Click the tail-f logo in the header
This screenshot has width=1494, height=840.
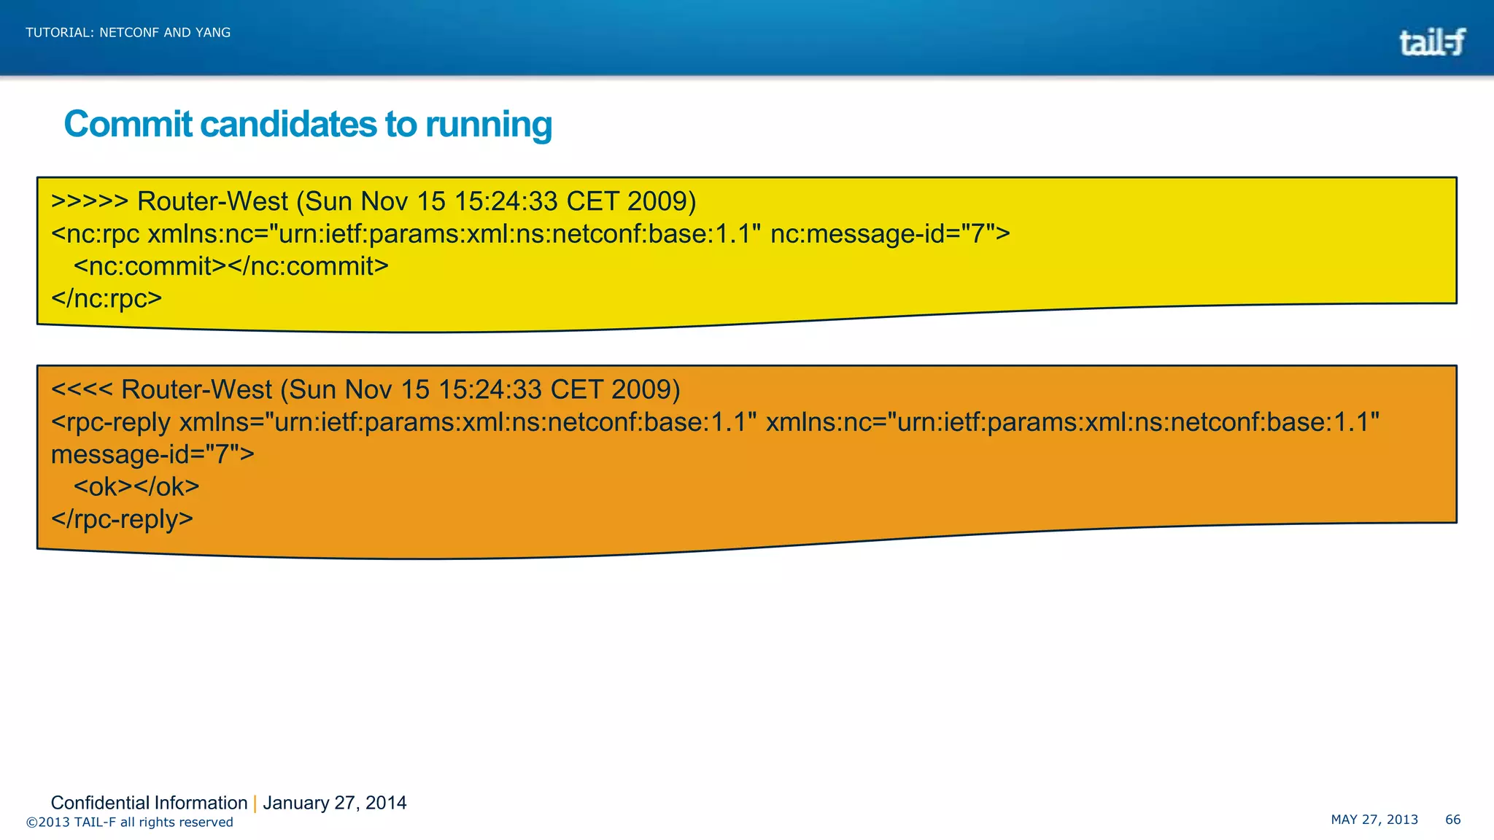(x=1431, y=42)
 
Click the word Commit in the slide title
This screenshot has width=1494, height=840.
(x=128, y=124)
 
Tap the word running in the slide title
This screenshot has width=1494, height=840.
(x=488, y=124)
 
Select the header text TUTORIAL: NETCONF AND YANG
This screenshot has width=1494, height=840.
(x=128, y=33)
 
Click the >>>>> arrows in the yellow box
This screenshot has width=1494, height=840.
(x=89, y=201)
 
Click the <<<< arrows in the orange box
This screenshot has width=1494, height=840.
(x=81, y=389)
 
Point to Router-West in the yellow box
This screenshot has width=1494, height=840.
(x=212, y=201)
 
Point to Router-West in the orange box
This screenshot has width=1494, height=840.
(x=196, y=389)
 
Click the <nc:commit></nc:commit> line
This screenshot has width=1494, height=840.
(x=231, y=266)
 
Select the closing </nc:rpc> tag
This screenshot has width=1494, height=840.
(x=107, y=298)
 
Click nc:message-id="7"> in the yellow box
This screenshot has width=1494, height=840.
(x=890, y=234)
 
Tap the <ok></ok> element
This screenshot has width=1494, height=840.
(x=136, y=486)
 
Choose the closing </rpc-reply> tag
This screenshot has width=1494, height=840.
(x=122, y=519)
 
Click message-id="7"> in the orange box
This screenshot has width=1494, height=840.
(x=152, y=454)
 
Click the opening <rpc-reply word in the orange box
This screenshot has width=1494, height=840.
(x=111, y=422)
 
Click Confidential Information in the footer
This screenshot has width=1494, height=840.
(x=149, y=803)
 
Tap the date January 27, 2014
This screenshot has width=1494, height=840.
(x=334, y=803)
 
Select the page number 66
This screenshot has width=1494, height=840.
(x=1452, y=820)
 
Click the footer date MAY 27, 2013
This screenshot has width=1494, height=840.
(x=1374, y=820)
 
